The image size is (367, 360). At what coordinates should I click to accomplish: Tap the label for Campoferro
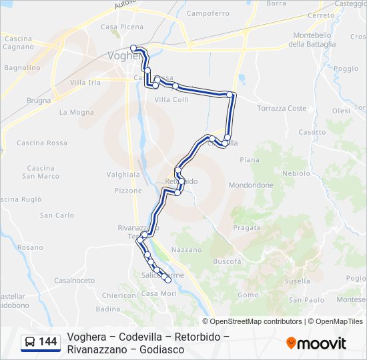click(x=208, y=13)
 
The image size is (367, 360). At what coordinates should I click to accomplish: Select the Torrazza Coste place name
click(x=282, y=108)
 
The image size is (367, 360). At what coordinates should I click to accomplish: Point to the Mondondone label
click(x=251, y=185)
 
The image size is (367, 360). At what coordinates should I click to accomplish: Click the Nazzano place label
click(x=186, y=250)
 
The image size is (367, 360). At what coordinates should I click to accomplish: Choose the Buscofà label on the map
click(x=227, y=262)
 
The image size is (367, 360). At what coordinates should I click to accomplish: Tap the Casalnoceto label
click(x=74, y=281)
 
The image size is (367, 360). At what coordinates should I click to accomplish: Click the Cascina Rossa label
click(x=42, y=143)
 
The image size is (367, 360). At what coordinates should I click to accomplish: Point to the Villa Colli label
click(x=171, y=100)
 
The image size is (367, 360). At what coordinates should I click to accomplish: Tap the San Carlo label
click(x=57, y=215)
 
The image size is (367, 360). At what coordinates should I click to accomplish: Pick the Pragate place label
click(x=247, y=227)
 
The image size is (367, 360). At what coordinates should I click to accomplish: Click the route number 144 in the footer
click(x=48, y=342)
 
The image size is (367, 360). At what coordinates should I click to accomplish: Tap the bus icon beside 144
click(x=30, y=342)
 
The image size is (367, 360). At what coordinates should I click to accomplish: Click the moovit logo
click(x=316, y=343)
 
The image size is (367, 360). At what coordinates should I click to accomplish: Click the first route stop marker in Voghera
click(x=134, y=47)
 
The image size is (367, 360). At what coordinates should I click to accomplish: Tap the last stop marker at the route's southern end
click(x=168, y=279)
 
